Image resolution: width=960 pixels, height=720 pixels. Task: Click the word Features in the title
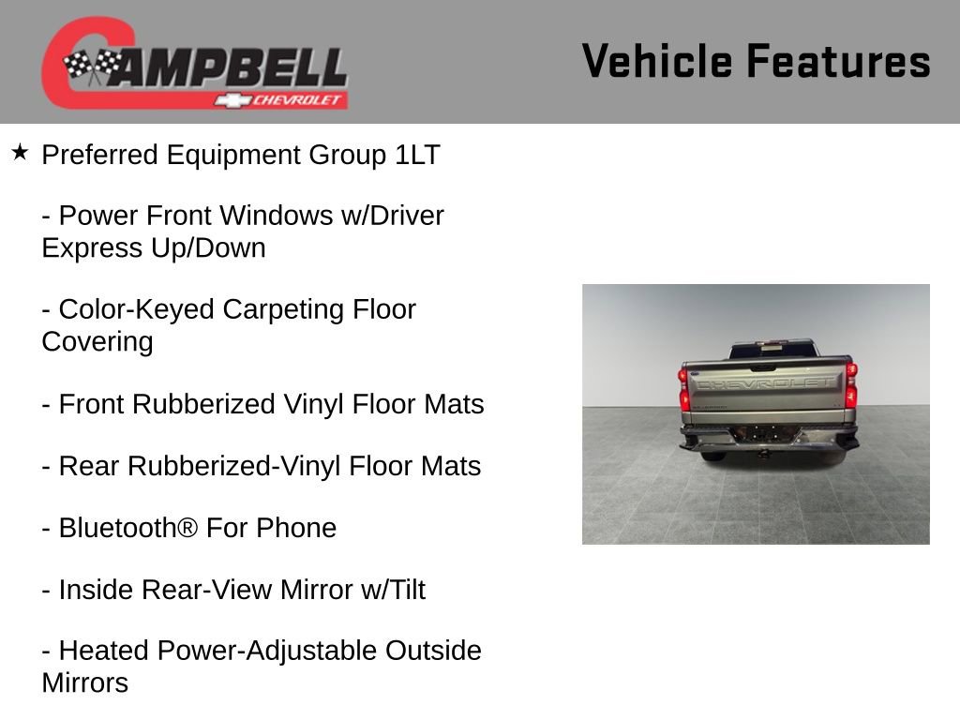point(838,61)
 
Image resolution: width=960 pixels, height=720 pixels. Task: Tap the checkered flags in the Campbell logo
point(92,67)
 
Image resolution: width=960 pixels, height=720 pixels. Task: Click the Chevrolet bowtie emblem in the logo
point(231,100)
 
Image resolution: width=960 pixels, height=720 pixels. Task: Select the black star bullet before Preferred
point(20,152)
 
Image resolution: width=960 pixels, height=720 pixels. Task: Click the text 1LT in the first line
point(417,155)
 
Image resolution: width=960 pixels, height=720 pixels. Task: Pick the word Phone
point(296,528)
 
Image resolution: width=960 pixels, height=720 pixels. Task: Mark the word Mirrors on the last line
point(85,682)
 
